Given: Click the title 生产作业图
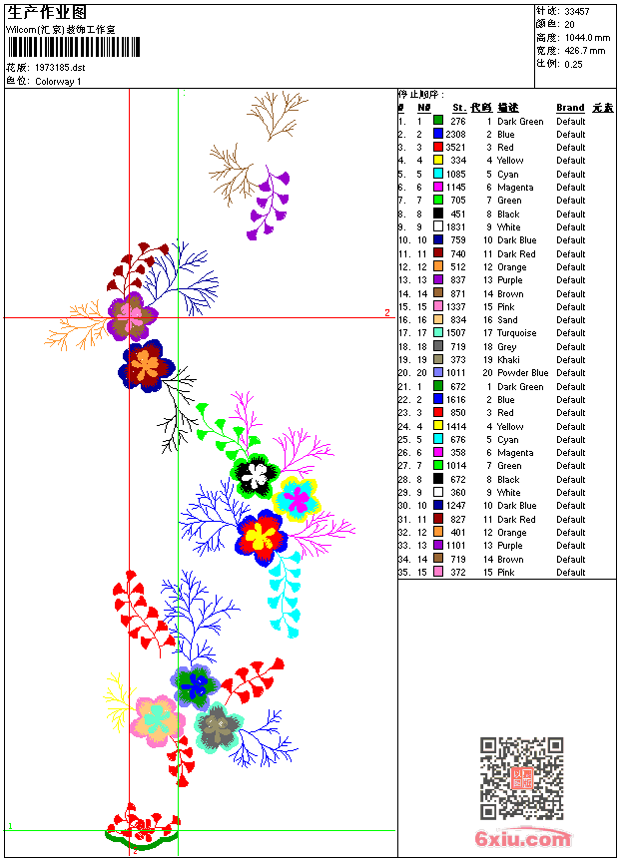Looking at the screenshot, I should click(47, 12).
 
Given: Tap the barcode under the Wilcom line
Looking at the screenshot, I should click(74, 47).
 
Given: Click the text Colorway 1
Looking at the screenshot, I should click(59, 81).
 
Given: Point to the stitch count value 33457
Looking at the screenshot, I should click(578, 12).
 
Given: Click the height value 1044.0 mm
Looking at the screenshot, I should click(586, 37).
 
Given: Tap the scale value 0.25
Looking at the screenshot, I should click(573, 63).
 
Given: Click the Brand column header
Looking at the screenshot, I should click(570, 108).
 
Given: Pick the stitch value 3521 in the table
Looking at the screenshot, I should click(455, 148).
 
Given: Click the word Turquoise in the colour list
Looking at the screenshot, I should click(517, 333).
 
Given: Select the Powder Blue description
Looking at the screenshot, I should click(523, 373).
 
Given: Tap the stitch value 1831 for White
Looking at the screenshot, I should click(455, 227).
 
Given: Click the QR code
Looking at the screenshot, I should click(521, 778).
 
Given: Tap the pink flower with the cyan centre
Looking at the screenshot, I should click(157, 718).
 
